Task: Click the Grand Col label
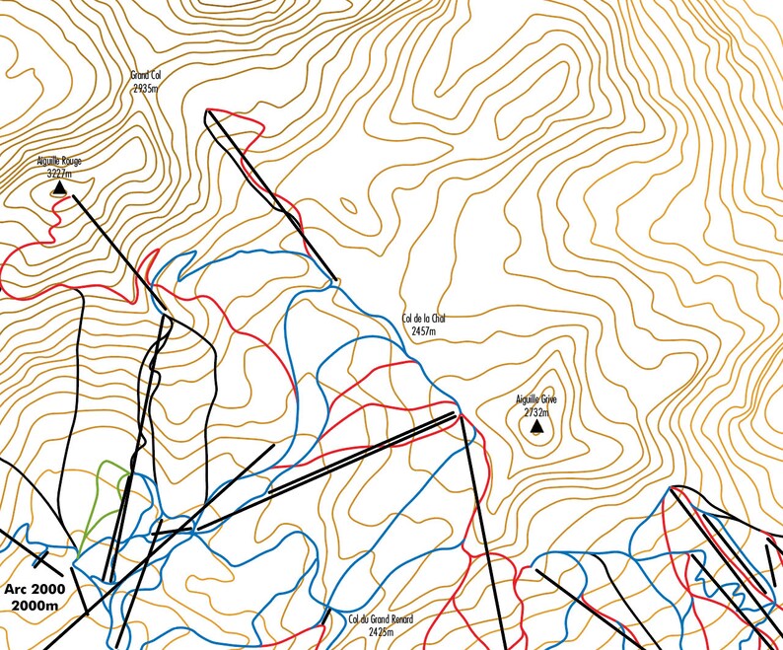click(x=145, y=74)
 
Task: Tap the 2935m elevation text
click(x=145, y=87)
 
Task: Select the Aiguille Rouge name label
click(x=59, y=161)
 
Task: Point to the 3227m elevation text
click(x=59, y=173)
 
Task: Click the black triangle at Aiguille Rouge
click(x=59, y=186)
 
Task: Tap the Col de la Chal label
click(x=424, y=319)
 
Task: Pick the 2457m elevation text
click(x=424, y=331)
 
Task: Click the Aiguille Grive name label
click(x=536, y=399)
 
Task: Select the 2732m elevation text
click(x=535, y=413)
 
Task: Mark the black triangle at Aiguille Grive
click(x=535, y=427)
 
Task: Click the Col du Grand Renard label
click(x=380, y=619)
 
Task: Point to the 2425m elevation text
click(x=381, y=632)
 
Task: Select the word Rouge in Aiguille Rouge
click(x=70, y=161)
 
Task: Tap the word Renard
click(x=399, y=619)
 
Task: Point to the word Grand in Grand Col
click(x=138, y=74)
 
